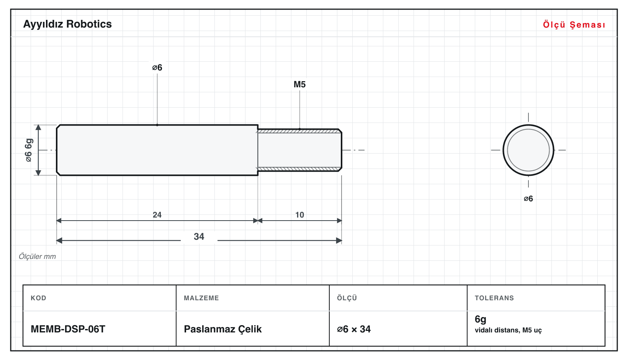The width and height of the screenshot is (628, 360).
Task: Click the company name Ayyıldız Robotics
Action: [67, 25]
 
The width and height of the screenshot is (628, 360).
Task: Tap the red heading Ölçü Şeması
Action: [574, 25]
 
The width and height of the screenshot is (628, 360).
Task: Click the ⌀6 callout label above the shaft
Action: [157, 67]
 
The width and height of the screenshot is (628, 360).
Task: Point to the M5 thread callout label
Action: [299, 84]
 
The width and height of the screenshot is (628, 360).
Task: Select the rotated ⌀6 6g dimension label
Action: [29, 150]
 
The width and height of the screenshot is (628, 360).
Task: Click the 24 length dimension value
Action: [157, 215]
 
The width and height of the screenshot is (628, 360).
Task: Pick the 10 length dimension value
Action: [299, 215]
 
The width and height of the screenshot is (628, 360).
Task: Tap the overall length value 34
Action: [199, 237]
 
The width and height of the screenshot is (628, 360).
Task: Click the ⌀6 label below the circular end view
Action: [528, 199]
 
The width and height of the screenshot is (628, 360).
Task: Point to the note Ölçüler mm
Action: [37, 257]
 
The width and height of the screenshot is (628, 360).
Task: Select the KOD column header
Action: [38, 298]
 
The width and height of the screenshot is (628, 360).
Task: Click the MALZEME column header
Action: [201, 298]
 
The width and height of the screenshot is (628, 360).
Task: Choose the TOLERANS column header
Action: [494, 298]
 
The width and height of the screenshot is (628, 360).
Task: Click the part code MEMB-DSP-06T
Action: [68, 329]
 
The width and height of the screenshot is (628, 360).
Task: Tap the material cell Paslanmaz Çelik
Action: [222, 329]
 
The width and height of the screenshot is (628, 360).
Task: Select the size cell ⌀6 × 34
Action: [354, 329]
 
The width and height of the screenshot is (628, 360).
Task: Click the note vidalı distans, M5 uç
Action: [508, 330]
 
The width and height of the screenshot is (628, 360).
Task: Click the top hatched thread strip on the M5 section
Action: [299, 131]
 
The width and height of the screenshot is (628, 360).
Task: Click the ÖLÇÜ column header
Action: [347, 298]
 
